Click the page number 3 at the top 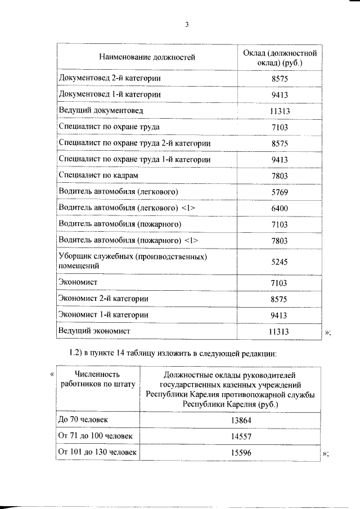(186, 25)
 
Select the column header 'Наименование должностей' (147, 57)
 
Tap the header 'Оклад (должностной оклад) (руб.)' (279, 57)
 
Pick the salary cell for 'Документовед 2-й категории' (279, 78)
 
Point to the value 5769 (279, 192)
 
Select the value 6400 (279, 209)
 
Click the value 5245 (279, 262)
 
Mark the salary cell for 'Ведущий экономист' (279, 332)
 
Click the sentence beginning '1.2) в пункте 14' (169, 353)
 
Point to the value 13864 (229, 420)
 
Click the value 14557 (229, 436)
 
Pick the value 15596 (229, 452)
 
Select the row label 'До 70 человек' (83, 420)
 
